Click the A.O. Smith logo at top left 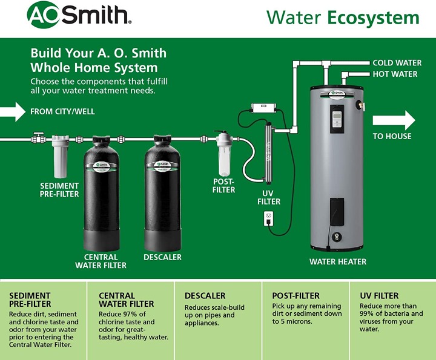79,15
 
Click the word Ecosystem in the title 373,18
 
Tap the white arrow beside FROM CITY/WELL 13,112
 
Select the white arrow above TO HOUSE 394,120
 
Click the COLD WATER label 397,63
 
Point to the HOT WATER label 395,74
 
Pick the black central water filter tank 102,194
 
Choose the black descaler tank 163,194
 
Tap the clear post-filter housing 224,154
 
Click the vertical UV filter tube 268,153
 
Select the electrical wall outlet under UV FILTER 269,218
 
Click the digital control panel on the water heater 337,119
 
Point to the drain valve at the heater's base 337,237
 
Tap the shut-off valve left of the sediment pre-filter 38,138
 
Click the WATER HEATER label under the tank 338,261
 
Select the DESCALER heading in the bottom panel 205,295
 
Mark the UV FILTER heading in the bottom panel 379,295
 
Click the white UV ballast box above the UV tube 263,107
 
